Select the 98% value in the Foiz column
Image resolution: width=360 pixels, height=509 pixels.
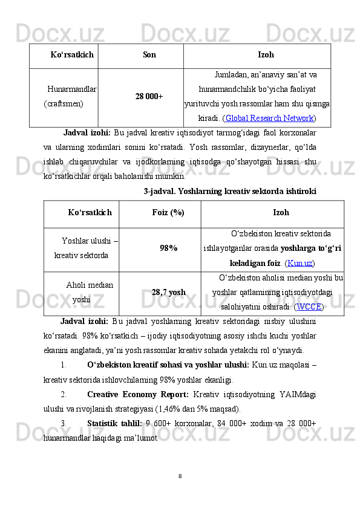pyautogui.click(x=168, y=248)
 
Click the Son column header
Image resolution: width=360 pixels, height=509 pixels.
pyautogui.click(x=149, y=55)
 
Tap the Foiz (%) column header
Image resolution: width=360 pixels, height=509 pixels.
pyautogui.click(x=168, y=213)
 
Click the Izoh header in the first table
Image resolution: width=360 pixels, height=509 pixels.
pyautogui.click(x=266, y=55)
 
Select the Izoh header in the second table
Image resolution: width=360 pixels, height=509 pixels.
pyautogui.click(x=281, y=213)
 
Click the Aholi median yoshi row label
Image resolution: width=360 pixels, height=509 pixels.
pyautogui.click(x=91, y=292)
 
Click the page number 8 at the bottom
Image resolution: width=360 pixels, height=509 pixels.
pyautogui.click(x=180, y=475)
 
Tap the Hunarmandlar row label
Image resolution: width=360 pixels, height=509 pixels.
pyautogui.click(x=72, y=89)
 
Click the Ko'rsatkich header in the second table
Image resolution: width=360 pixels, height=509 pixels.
pyautogui.click(x=90, y=213)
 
